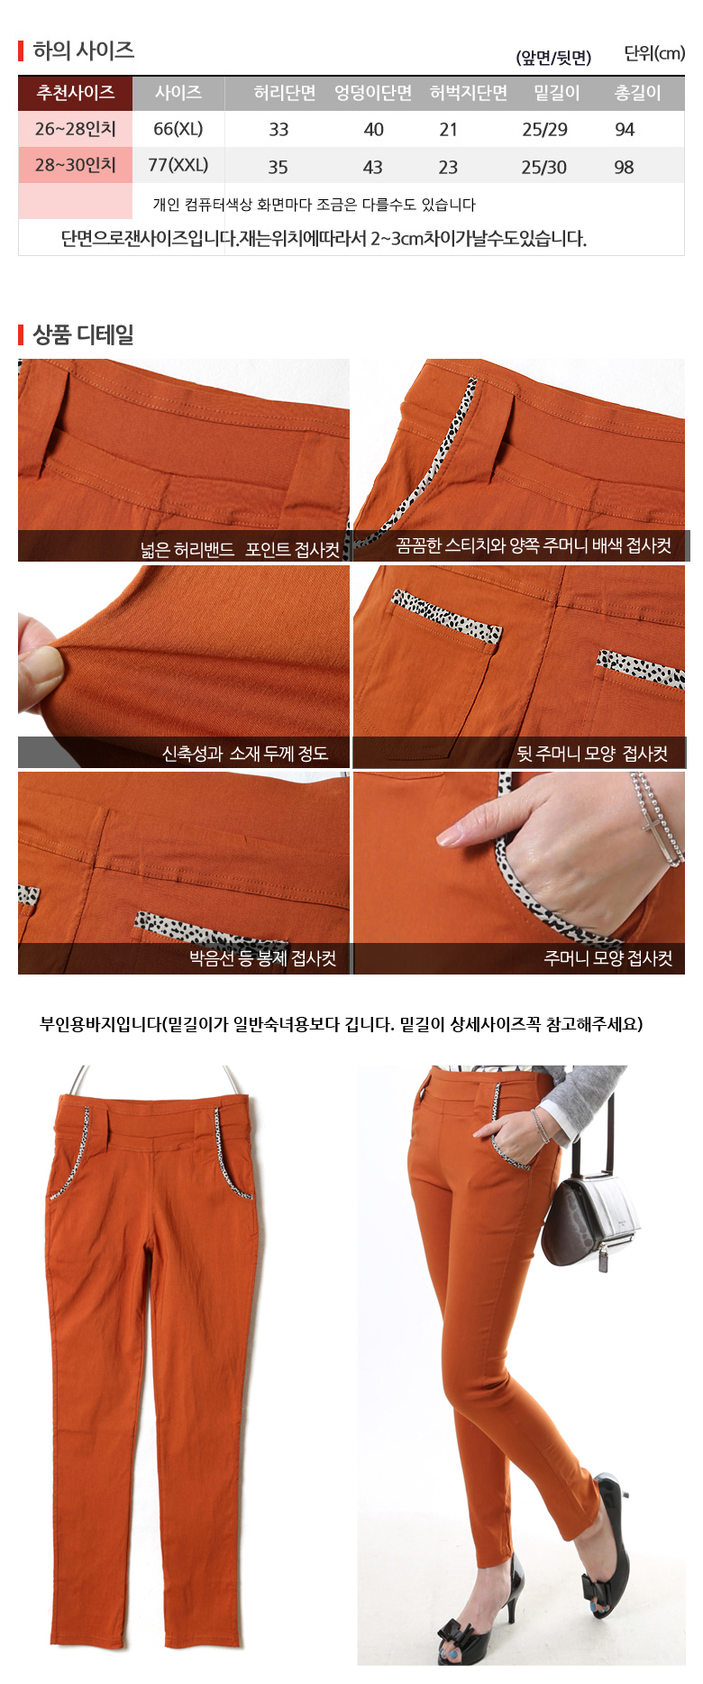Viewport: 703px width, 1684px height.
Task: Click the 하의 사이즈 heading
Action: coord(83,50)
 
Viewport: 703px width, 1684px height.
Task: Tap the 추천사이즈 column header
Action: coord(76,93)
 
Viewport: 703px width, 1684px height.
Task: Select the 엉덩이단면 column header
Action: coord(373,93)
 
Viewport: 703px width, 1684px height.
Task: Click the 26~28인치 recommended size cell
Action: coord(76,129)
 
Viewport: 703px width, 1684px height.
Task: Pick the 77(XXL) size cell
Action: coord(178,165)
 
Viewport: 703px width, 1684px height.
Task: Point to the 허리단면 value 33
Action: coord(278,130)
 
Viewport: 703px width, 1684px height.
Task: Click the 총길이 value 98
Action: coord(624,168)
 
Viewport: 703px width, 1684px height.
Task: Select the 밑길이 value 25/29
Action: coord(544,130)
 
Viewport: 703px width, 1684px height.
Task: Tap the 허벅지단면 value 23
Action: coord(448,168)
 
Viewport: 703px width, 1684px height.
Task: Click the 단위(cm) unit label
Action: coord(654,53)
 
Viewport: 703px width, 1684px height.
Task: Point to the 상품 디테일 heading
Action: coord(83,334)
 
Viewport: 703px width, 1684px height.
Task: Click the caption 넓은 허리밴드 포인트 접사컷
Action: coord(240,550)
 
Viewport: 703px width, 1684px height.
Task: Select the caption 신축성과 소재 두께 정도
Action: coord(244,754)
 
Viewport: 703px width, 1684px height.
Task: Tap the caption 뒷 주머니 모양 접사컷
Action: coord(592,754)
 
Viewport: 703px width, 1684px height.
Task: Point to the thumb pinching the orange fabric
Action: coord(38,663)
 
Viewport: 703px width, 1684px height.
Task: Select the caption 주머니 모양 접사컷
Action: coord(607,958)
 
